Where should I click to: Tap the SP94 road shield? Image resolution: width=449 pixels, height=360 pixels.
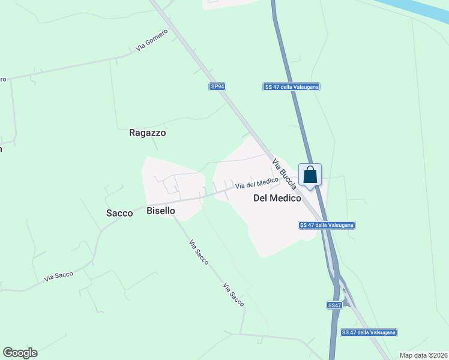coord(217,86)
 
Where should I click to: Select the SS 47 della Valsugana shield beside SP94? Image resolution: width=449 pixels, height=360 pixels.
coord(291,86)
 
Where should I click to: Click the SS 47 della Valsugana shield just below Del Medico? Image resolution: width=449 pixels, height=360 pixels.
coord(327,225)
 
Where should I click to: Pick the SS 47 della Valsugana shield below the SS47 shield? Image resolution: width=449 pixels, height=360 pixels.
coord(369,332)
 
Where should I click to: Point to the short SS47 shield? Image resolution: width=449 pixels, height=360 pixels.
coord(334,305)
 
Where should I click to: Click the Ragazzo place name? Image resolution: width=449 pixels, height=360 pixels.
coord(147,133)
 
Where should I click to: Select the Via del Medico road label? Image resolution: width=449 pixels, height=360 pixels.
coord(256,183)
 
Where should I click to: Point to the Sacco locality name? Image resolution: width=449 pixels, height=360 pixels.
coord(119,213)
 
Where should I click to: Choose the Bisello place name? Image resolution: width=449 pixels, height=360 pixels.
coord(161,211)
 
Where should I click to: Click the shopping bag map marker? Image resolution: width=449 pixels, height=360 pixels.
coord(310,175)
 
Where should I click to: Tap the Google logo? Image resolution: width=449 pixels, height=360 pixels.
coord(20,353)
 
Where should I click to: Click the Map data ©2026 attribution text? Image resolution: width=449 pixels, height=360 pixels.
coord(423,355)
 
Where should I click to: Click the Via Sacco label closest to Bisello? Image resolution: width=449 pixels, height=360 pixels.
coord(199,253)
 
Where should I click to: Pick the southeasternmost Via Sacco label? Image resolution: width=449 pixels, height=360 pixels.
coord(234,295)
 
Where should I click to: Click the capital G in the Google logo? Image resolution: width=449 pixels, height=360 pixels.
coord(8,353)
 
